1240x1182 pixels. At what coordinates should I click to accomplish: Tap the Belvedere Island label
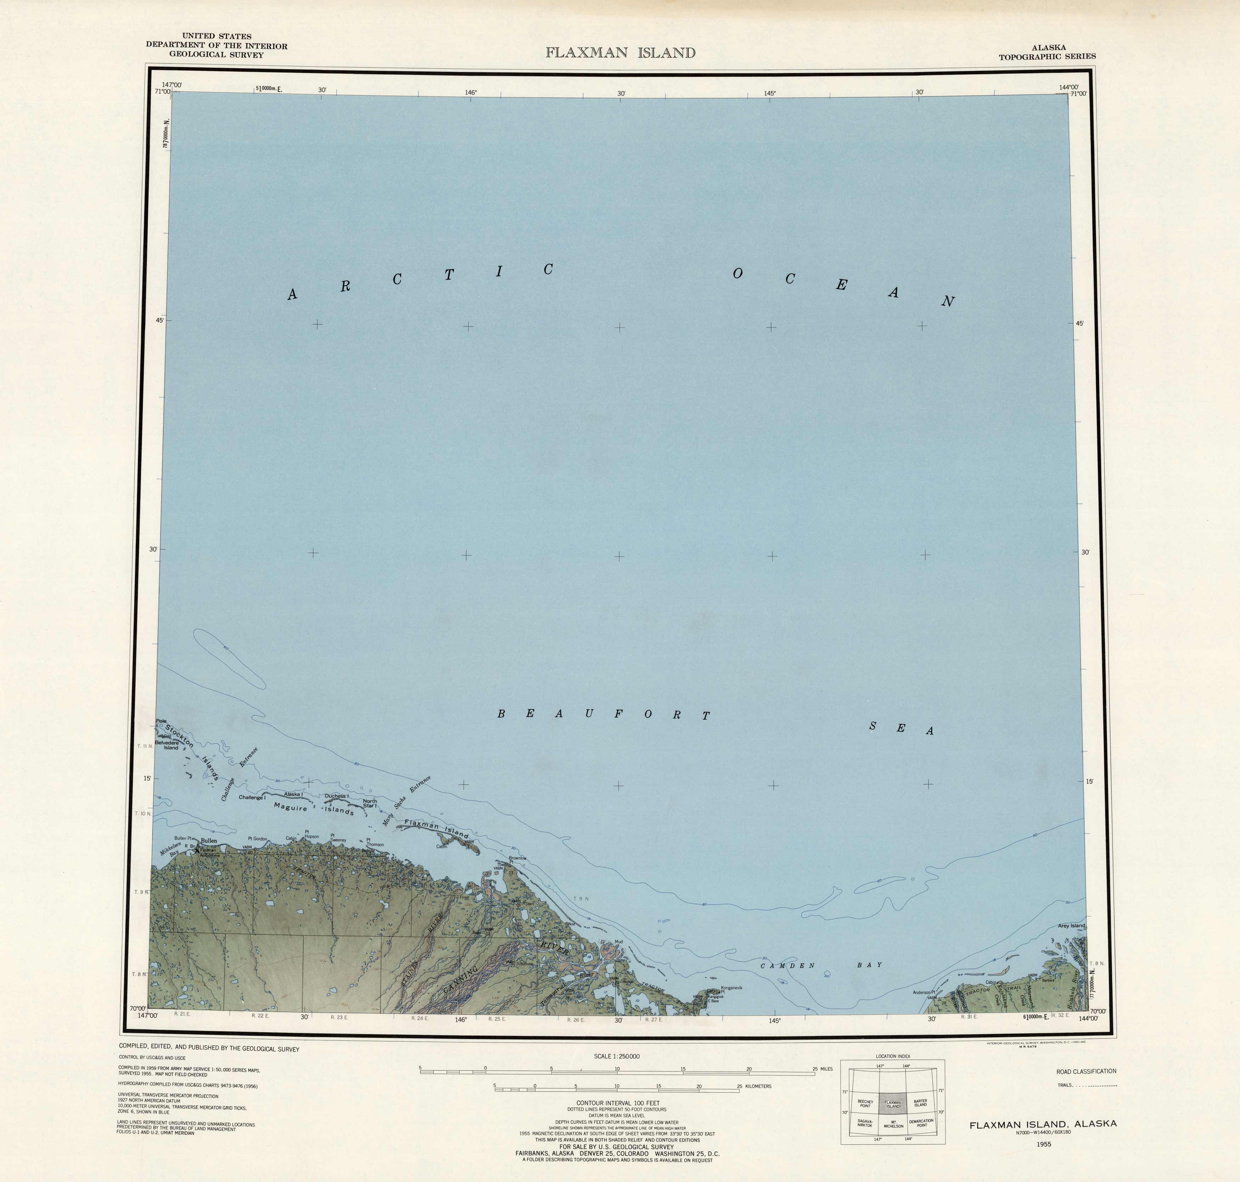(167, 745)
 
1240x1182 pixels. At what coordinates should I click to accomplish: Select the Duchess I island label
(337, 796)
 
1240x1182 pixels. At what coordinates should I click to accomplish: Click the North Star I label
(370, 803)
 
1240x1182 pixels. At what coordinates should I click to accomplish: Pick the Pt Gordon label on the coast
(257, 839)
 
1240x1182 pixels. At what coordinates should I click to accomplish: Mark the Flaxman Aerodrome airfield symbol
(197, 850)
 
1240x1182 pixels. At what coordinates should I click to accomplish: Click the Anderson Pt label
(924, 993)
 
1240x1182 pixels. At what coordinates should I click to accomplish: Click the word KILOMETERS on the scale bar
(758, 1086)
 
